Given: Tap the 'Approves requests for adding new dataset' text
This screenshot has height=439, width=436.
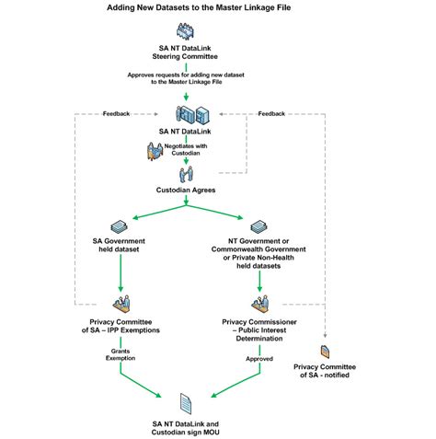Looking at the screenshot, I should point(187,78).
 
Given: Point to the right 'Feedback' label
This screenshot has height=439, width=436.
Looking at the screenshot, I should point(271,114).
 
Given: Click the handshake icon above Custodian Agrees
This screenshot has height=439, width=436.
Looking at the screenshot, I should point(187,173).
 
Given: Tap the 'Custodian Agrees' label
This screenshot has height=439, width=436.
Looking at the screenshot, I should point(187,191).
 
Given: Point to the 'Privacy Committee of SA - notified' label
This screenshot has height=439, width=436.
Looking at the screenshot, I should point(326,371).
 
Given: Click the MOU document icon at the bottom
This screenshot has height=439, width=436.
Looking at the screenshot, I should point(187,401).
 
